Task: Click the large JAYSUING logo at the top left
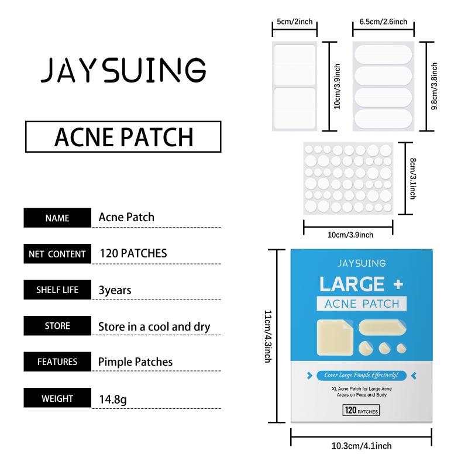coord(123,70)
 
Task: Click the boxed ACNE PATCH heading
coord(123,137)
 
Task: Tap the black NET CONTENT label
coord(57,254)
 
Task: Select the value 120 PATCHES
coord(133,253)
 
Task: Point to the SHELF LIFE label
coord(57,290)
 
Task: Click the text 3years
coord(115,290)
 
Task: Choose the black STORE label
coord(57,326)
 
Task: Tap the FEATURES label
coord(57,362)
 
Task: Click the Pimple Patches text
coord(136,362)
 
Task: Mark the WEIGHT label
coord(57,398)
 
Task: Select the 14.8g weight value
coord(113,400)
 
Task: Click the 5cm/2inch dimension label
coord(295,22)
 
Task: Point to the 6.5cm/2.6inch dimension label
coord(383,22)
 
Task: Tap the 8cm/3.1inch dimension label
coord(413,178)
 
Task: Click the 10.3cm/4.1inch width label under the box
coord(362,446)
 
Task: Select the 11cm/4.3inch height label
coord(268,336)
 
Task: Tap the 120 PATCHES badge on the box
coord(361,411)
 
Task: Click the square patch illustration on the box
coord(335,338)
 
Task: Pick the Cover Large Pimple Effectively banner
coord(362,375)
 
